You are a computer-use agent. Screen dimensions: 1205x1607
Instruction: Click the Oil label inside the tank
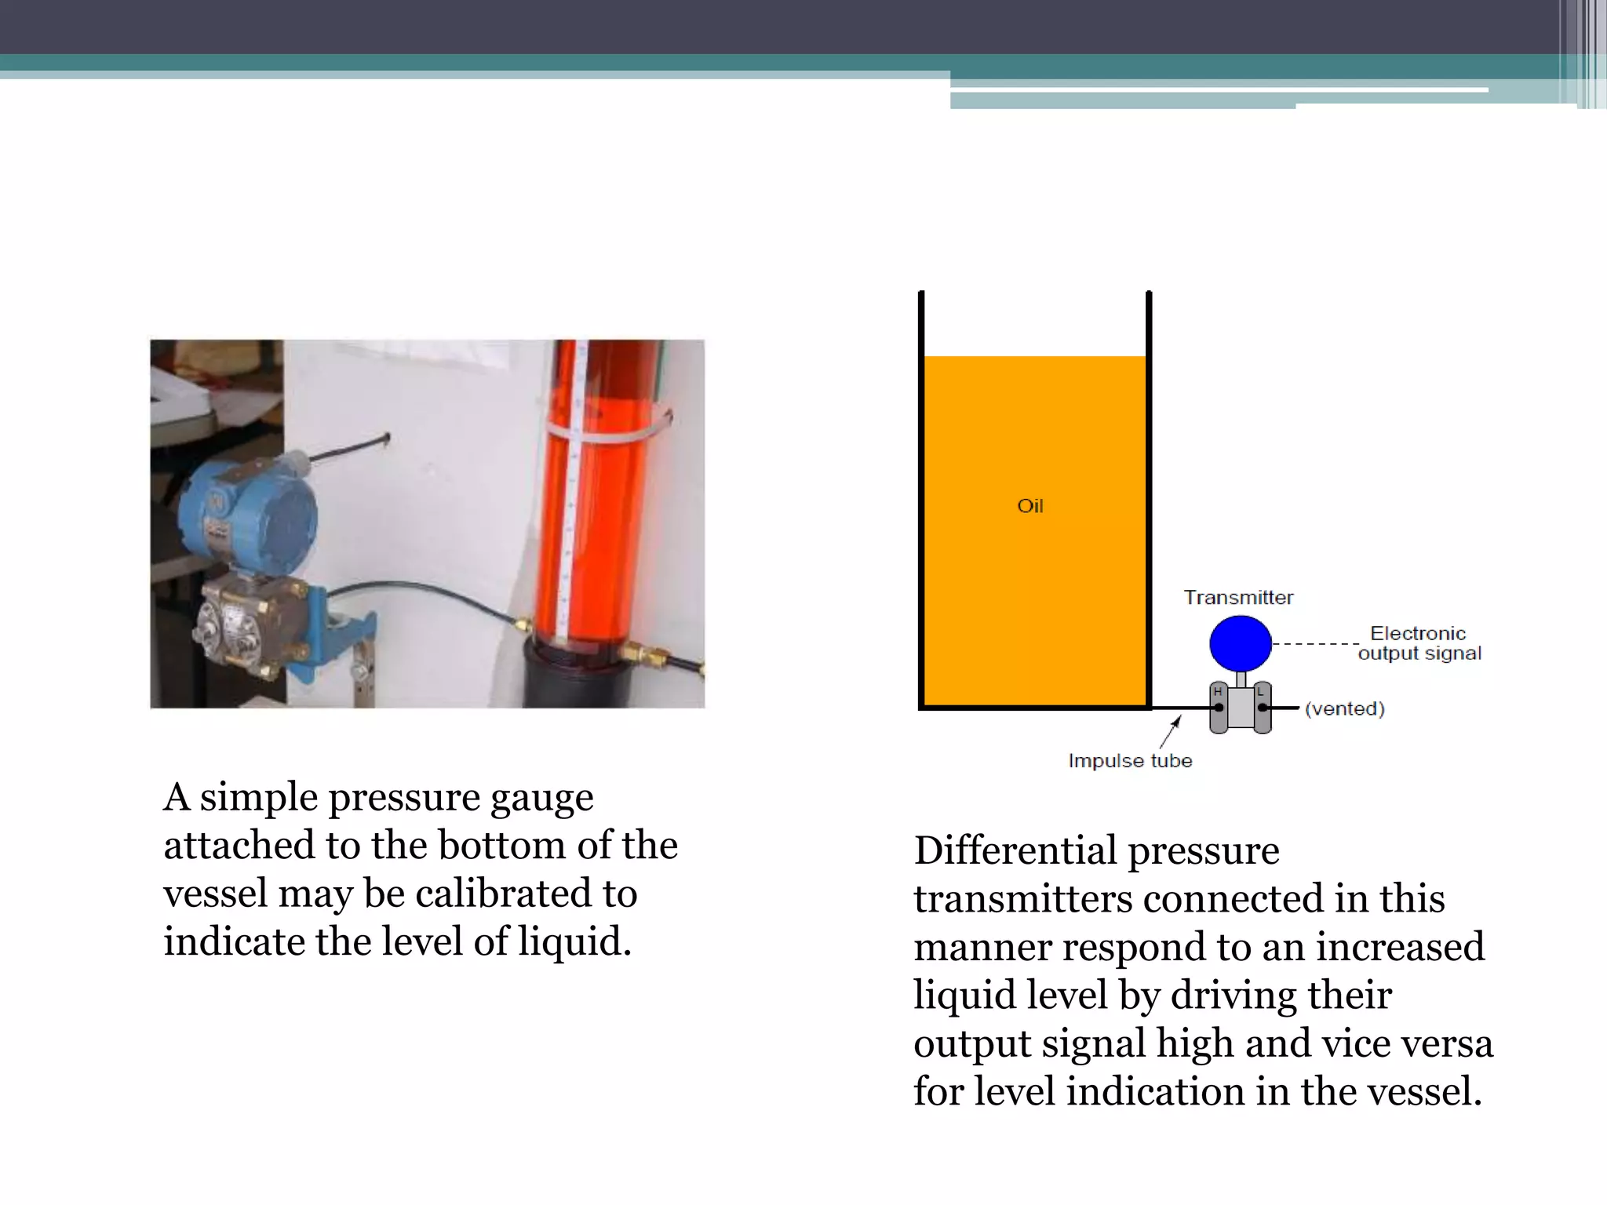pos(1030,506)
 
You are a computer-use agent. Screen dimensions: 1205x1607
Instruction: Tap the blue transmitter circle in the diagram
pos(1240,643)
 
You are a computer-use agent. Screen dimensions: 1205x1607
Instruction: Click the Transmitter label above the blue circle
pos(1238,598)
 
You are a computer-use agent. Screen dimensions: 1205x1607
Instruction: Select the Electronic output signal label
pos(1419,643)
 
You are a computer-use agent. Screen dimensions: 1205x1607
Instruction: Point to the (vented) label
pos(1344,708)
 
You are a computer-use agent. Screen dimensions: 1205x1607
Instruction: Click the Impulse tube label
pos(1130,760)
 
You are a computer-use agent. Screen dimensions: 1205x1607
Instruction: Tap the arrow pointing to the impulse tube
pos(1170,733)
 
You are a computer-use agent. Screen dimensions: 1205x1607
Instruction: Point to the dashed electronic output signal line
pos(1314,644)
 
